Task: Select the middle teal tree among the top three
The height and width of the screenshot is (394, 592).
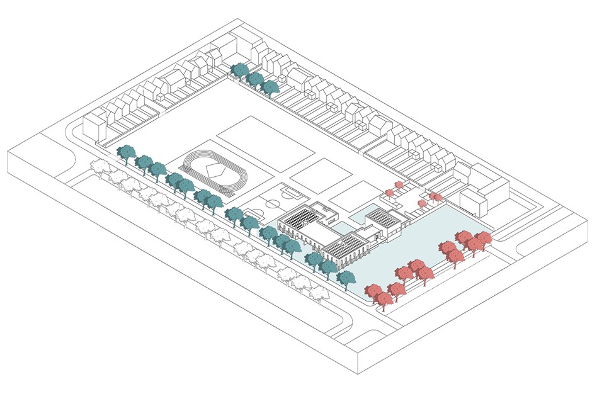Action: click(255, 79)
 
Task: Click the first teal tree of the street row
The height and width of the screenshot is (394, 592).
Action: click(127, 153)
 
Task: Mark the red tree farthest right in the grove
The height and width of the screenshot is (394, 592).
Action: click(482, 239)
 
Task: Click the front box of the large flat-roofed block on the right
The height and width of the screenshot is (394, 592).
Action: click(474, 203)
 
